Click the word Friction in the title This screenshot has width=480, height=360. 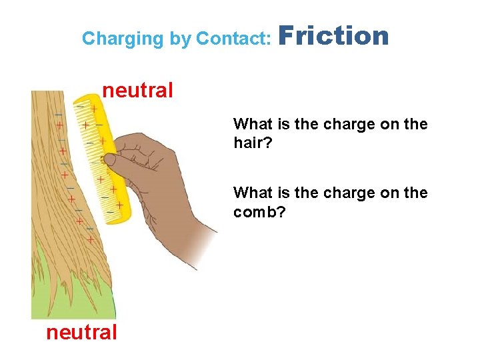point(333,36)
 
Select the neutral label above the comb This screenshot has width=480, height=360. point(137,89)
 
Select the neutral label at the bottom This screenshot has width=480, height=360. point(81,331)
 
